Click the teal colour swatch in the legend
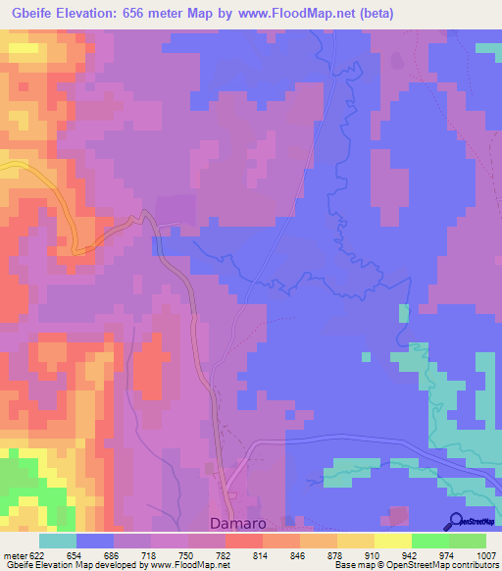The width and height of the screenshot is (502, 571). pos(58,542)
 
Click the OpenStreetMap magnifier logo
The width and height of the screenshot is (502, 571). pos(455,521)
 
